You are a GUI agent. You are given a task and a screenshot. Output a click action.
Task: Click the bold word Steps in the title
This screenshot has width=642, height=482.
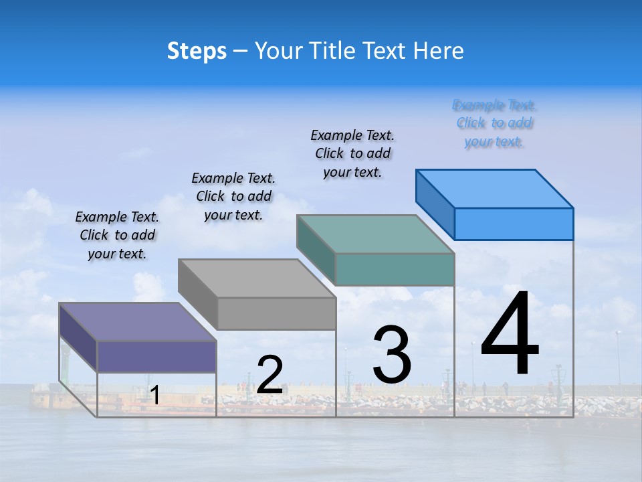click(x=197, y=51)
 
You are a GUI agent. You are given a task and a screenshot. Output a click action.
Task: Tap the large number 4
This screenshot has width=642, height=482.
click(x=510, y=335)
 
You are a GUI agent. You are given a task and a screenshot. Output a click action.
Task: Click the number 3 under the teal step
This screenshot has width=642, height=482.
click(x=391, y=355)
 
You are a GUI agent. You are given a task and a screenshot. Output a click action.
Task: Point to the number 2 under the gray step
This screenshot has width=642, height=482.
click(x=270, y=375)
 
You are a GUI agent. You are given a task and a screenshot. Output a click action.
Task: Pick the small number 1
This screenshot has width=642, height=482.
click(x=154, y=396)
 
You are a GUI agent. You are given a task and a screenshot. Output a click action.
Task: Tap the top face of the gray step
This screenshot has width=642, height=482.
click(x=257, y=278)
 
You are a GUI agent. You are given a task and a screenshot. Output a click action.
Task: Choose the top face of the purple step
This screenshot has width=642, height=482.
click(x=138, y=321)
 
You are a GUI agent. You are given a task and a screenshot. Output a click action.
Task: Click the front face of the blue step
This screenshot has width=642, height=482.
click(x=514, y=224)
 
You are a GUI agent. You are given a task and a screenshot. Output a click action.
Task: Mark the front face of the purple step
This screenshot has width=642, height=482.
click(x=156, y=356)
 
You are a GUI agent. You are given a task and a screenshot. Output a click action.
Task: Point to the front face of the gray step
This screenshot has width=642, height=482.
click(x=276, y=313)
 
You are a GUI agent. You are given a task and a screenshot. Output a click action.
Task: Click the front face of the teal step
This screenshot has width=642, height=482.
click(x=395, y=269)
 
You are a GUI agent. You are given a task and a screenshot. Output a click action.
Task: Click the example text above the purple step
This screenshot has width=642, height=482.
click(x=117, y=235)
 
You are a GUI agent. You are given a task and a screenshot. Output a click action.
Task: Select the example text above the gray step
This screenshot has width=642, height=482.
click(x=233, y=196)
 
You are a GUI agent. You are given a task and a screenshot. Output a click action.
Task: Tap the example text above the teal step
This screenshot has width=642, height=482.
click(x=352, y=153)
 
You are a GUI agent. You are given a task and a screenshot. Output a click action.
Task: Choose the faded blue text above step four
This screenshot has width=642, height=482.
click(x=494, y=123)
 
